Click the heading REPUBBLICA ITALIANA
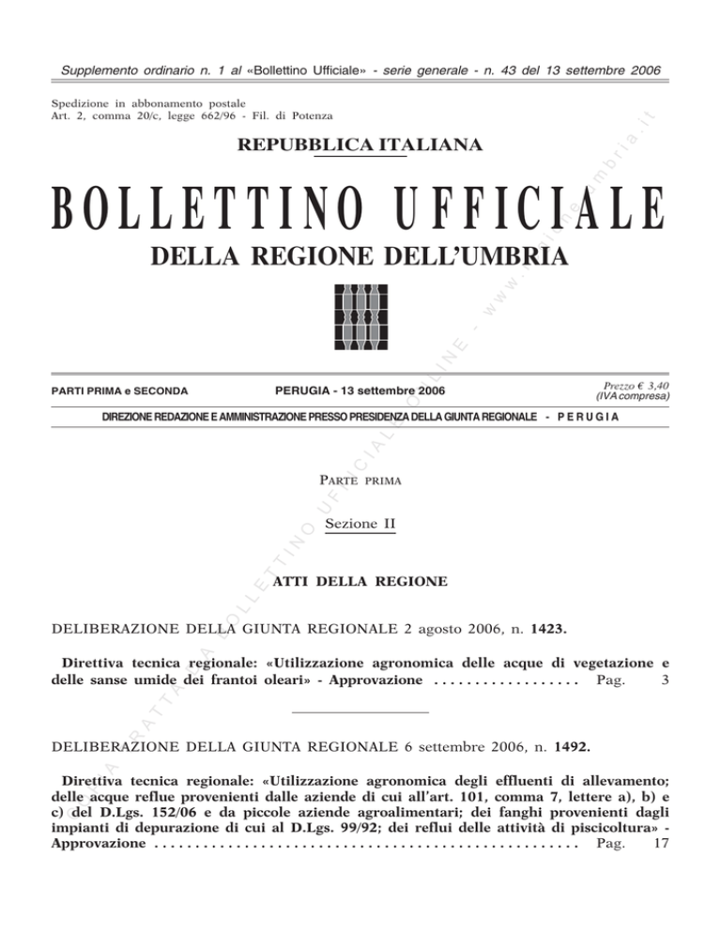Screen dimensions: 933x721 (360, 145)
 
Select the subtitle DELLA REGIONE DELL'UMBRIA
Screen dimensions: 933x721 (360, 256)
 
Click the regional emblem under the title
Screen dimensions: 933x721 (360, 315)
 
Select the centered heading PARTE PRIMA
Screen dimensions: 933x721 (360, 482)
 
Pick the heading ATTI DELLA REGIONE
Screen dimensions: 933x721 (360, 583)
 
